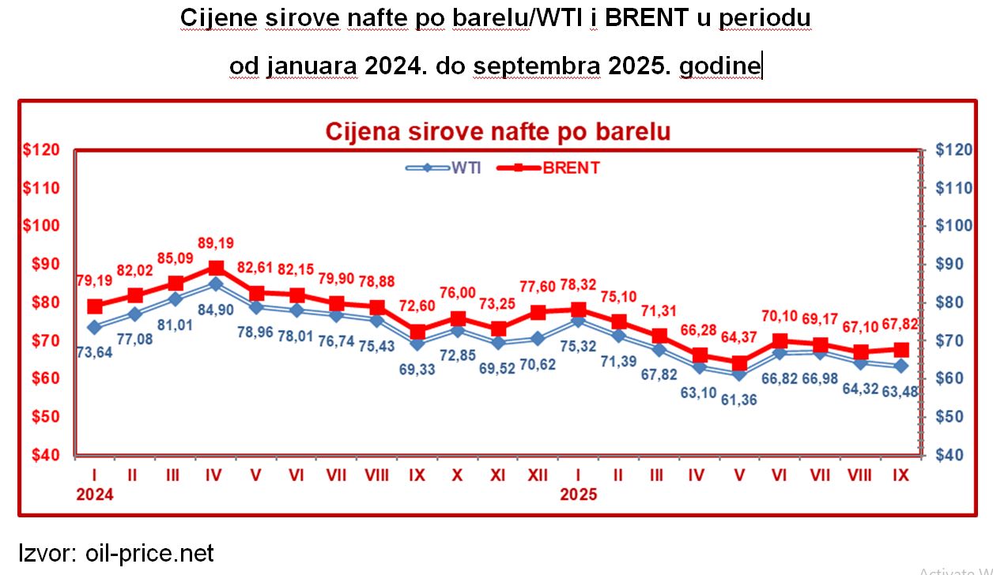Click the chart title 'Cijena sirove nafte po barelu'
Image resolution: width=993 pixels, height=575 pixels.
(497, 131)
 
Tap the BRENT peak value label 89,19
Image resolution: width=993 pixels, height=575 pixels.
(217, 243)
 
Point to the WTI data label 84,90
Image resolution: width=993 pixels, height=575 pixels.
(217, 310)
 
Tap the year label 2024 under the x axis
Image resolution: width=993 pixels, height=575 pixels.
(95, 496)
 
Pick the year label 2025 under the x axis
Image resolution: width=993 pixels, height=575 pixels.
(579, 496)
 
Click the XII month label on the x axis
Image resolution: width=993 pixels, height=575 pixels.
(538, 477)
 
